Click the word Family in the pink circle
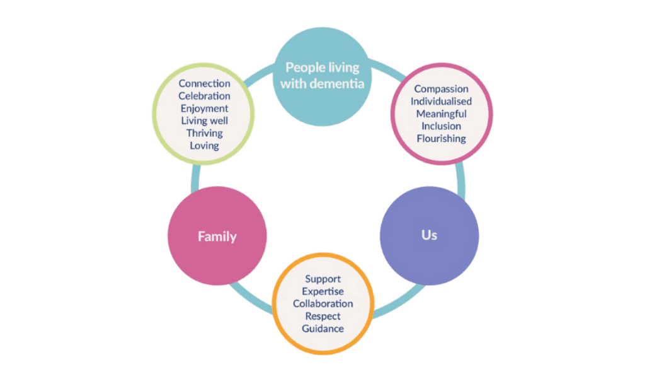217,237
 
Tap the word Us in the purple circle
429,235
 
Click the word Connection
204,83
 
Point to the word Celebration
204,96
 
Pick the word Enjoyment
204,108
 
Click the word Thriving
204,133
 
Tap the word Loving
204,146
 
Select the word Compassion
441,89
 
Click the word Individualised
441,102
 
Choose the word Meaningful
441,114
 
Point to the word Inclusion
441,126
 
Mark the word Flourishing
441,139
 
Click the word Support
323,279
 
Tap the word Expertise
323,291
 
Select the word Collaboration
323,303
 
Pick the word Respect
323,316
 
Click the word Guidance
323,329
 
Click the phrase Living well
204,120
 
